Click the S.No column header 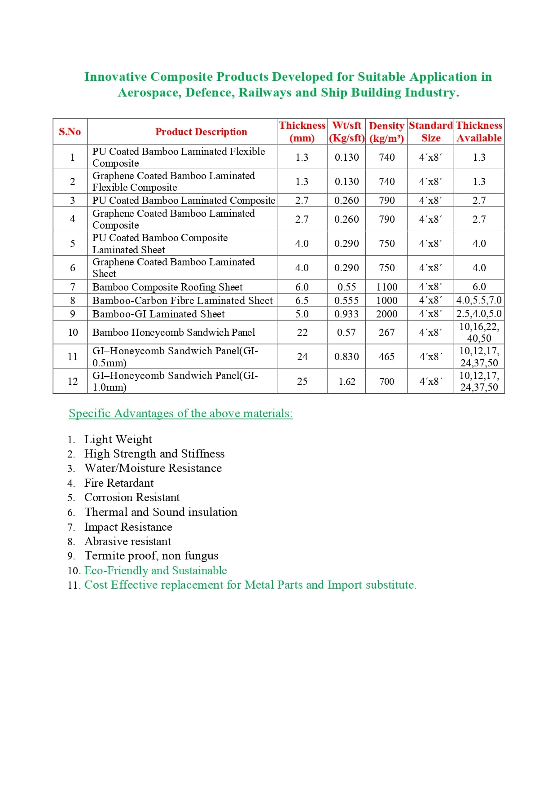pos(70,132)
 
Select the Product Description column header pos(201,132)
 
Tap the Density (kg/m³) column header pos(386,132)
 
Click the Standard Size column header pos(430,132)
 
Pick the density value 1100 pos(386,287)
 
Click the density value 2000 pos(386,314)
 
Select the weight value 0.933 pos(346,314)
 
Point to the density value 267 pos(386,332)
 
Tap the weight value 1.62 pos(346,381)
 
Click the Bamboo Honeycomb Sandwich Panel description pos(174,332)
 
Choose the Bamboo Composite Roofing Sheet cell pos(167,287)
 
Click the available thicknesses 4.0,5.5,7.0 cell pos(479,300)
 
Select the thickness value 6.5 pos(302,300)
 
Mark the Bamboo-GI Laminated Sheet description pos(158,314)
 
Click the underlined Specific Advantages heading pos(180,413)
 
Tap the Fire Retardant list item pos(119,483)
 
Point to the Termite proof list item pos(151,556)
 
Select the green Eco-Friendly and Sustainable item pos(155,570)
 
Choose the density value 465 pos(386,357)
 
